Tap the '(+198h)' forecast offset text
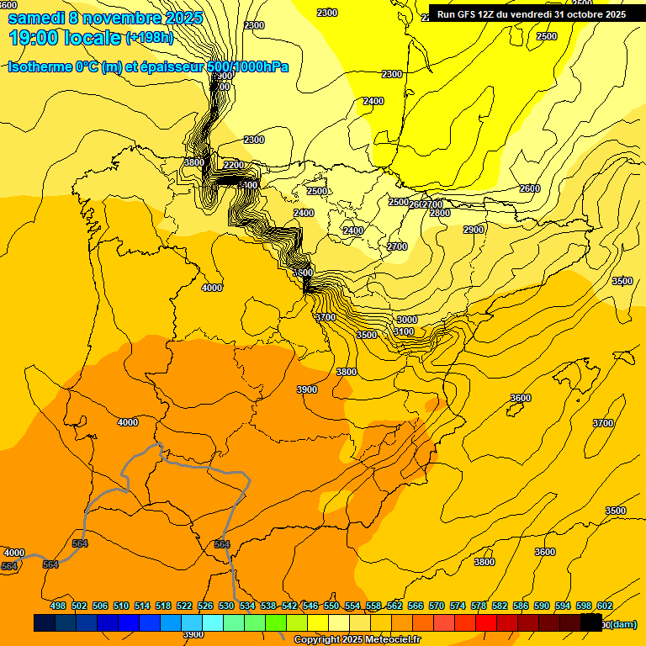(149, 38)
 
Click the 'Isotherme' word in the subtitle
(39, 67)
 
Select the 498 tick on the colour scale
(58, 606)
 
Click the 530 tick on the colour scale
(226, 606)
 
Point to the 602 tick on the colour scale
(605, 606)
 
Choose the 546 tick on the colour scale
(310, 606)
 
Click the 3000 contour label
(407, 320)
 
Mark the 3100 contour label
(404, 332)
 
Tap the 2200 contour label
(234, 165)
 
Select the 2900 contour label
(474, 230)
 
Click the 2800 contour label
(440, 214)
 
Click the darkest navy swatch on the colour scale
(45, 623)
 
